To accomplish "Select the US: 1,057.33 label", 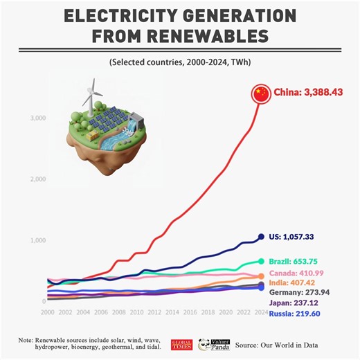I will (x=291, y=237).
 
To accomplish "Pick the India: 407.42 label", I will (x=293, y=283).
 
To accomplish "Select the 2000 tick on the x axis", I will (x=48, y=313).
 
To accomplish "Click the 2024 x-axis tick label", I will (x=260, y=313).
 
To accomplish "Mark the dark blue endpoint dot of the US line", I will (x=261, y=237).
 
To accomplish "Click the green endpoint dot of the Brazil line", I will (x=261, y=261).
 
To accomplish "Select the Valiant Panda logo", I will (x=212, y=344).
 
